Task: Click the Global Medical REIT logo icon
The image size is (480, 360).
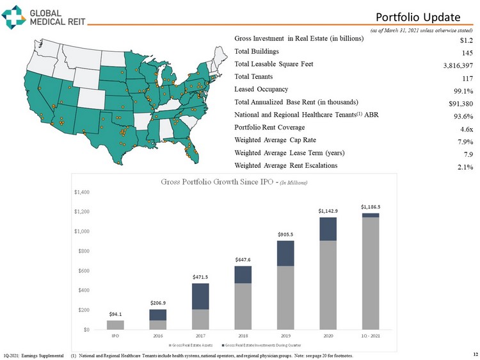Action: [x=15, y=17]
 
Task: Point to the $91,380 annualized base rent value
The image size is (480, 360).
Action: [x=459, y=104]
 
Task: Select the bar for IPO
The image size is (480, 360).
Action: [x=115, y=325]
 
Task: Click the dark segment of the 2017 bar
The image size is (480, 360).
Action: [x=200, y=296]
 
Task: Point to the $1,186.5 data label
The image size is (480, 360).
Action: [x=370, y=207]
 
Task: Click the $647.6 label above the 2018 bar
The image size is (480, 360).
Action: [x=243, y=259]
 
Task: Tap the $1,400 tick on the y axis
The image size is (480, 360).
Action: [x=83, y=192]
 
